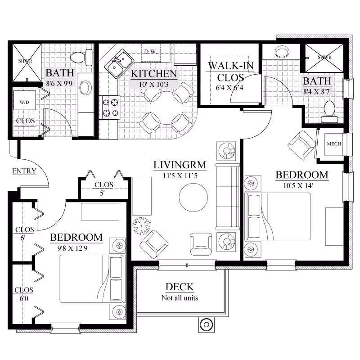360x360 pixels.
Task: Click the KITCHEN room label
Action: [153, 74]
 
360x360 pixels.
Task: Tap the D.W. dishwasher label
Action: [150, 51]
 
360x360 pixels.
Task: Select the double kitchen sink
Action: [119, 63]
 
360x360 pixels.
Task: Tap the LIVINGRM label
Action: [180, 165]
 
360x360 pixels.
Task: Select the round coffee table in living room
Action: [193, 196]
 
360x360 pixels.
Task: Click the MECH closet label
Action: [333, 144]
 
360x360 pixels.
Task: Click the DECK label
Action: [180, 287]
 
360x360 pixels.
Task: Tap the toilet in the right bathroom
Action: [330, 111]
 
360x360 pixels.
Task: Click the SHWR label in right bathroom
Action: [324, 58]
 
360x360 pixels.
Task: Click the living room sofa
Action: [228, 196]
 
